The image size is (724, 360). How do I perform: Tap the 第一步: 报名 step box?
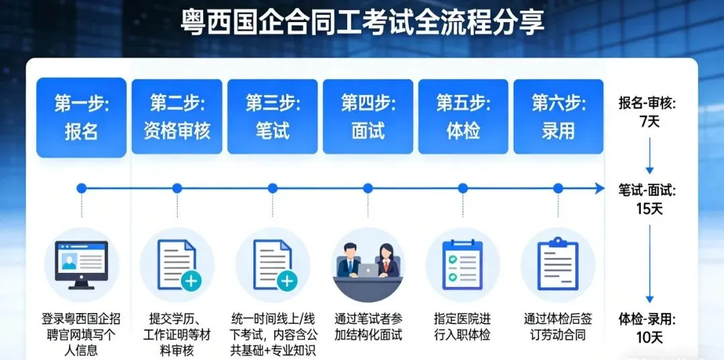coord(81,117)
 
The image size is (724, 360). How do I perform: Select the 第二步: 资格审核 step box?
coord(177,117)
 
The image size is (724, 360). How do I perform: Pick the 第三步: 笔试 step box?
coord(272,117)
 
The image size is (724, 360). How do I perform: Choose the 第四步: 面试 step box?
coord(368,117)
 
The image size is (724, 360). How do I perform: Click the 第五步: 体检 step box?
coord(463,117)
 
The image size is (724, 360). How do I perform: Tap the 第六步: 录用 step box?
coord(558,117)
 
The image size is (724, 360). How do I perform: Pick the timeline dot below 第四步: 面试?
coord(367,188)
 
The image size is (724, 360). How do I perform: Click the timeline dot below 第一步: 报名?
coord(81,188)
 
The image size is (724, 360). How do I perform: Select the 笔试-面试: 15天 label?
coord(647,199)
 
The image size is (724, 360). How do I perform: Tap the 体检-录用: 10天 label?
coord(647,328)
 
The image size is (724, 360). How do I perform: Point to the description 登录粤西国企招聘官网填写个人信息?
coord(81,334)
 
